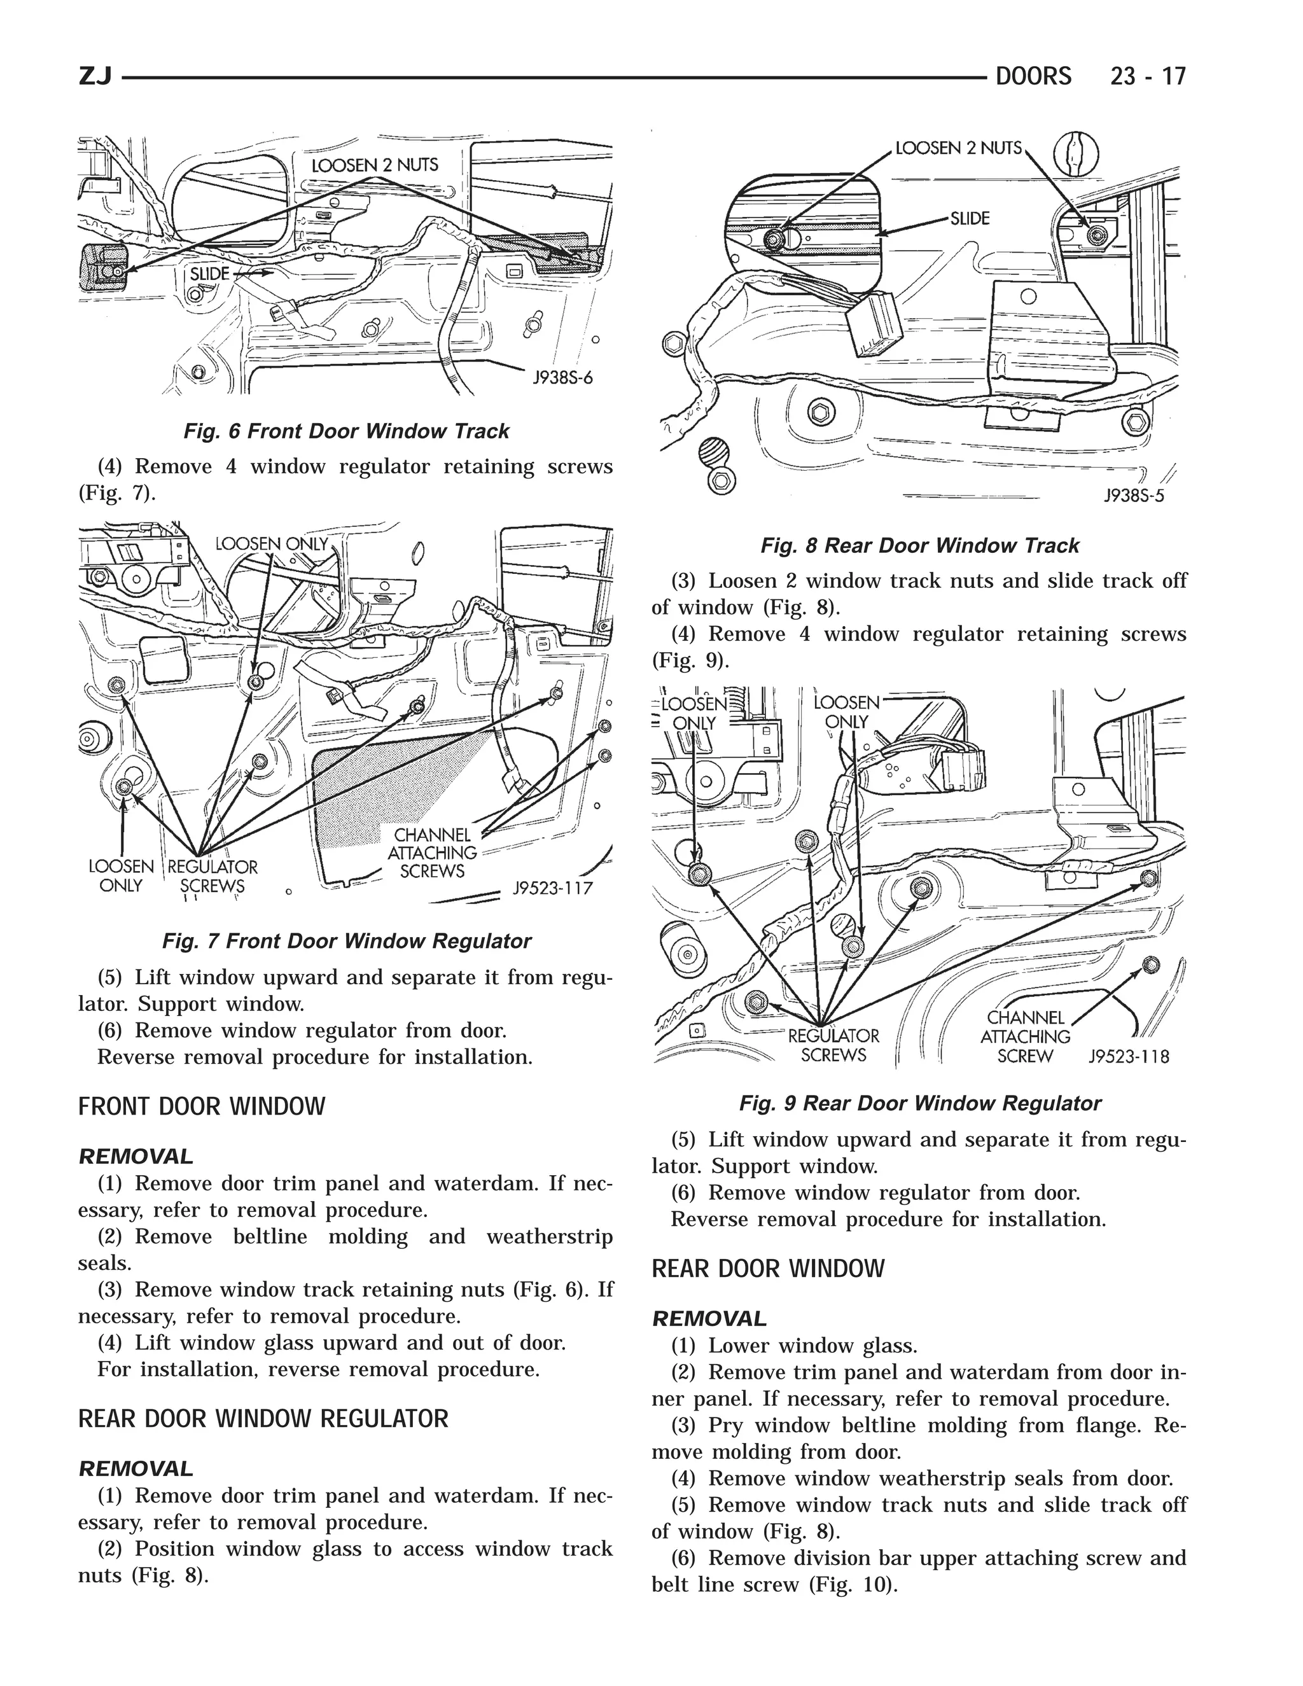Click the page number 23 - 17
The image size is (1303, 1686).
coord(1147,76)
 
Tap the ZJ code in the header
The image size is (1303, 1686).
coord(95,77)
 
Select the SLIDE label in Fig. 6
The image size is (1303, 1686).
coord(209,274)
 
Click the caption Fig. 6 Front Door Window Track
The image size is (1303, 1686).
coord(346,431)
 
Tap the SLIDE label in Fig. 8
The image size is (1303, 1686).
coord(970,218)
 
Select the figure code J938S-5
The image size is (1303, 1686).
coord(1133,496)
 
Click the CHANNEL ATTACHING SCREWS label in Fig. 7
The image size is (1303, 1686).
coord(432,853)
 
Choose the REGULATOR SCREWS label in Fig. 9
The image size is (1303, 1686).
coord(833,1045)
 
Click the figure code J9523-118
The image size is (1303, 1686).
coord(1129,1056)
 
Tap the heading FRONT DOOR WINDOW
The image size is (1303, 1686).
coord(202,1107)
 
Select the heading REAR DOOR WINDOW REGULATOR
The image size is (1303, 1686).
coord(263,1419)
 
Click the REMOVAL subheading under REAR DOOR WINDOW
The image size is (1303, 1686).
coord(709,1318)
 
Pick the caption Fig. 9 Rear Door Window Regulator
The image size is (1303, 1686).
coord(919,1103)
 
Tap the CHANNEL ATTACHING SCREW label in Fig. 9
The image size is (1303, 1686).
coord(1025,1037)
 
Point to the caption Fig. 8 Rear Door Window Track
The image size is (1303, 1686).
coord(919,546)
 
